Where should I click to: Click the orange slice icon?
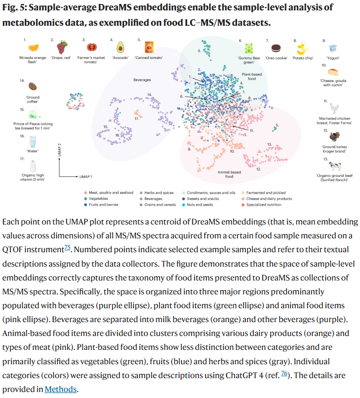pos(33,48)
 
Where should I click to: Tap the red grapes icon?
pos(61,48)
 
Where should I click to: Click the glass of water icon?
pos(33,142)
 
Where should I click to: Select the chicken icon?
pos(335,108)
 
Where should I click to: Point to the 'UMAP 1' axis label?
pos(86,176)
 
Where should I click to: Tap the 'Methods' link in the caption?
pos(60,389)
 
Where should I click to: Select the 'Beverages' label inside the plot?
pos(142,79)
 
